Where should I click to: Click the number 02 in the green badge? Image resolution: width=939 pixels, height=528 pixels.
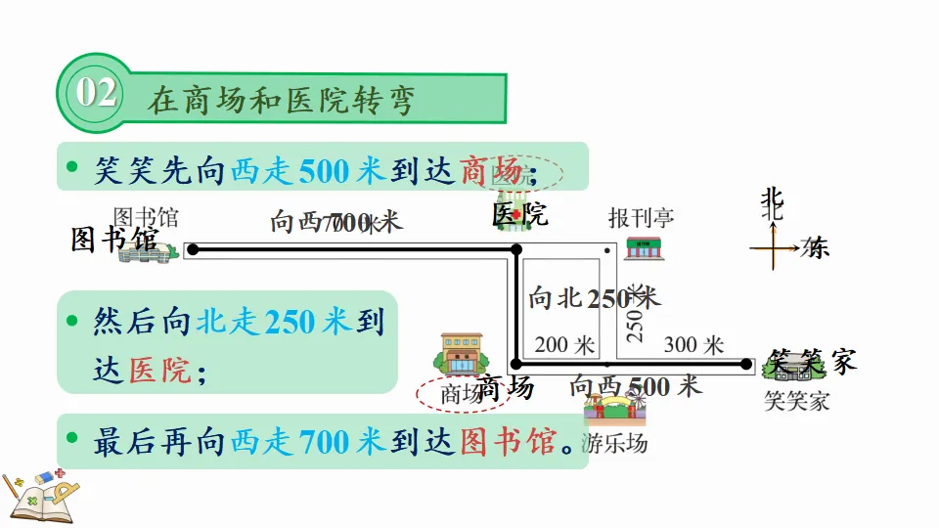click(x=96, y=94)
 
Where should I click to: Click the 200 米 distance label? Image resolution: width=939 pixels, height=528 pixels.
click(x=565, y=345)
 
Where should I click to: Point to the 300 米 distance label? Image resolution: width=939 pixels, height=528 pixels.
click(x=693, y=345)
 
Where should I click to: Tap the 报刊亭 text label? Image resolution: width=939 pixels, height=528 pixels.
click(x=641, y=217)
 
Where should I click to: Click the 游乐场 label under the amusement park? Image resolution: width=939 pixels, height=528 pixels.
click(x=614, y=443)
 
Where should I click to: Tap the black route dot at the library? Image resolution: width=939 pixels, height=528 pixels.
click(x=193, y=250)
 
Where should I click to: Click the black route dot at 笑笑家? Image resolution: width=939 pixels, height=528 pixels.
click(x=754, y=363)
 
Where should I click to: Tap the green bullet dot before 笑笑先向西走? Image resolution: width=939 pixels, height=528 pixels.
click(x=72, y=167)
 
